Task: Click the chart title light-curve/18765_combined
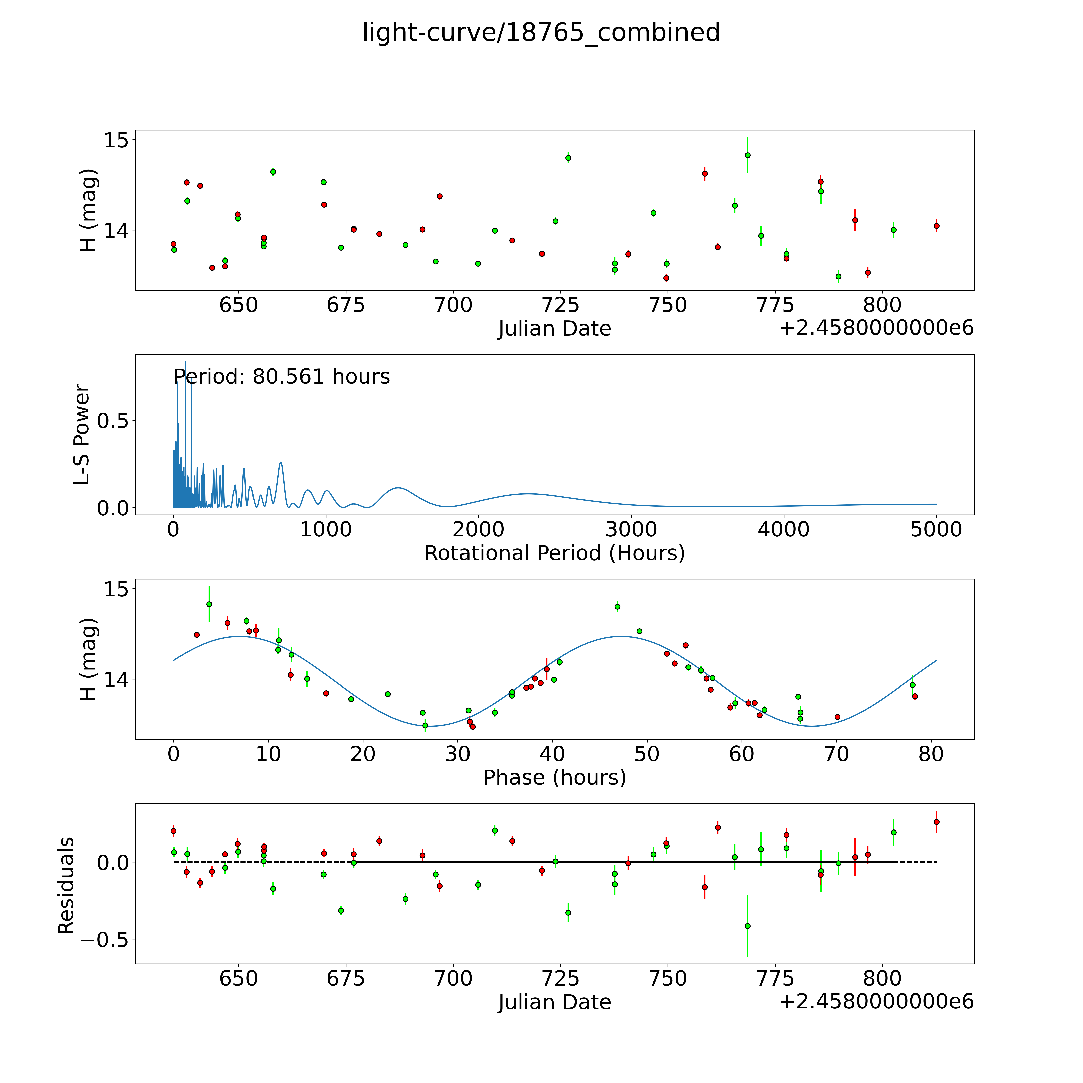541,32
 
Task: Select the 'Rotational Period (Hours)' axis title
554,553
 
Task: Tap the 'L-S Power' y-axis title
82,434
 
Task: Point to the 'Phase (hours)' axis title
554,778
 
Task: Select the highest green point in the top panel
747,155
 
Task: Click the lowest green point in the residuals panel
747,926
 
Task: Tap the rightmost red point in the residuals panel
936,822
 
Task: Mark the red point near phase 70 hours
837,716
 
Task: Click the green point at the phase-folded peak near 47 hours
617,606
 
